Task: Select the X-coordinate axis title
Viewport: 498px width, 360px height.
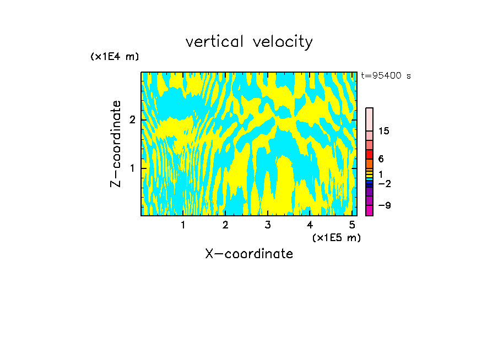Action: [x=249, y=254]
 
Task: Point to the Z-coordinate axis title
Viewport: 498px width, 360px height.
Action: [x=116, y=144]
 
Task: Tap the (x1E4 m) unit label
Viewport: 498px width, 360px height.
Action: [x=115, y=57]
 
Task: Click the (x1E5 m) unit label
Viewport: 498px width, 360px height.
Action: [x=336, y=237]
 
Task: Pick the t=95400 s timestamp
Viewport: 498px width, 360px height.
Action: [x=386, y=76]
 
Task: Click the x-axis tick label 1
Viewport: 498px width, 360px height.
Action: [x=183, y=225]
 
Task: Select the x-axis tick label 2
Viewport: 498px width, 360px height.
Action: [x=225, y=225]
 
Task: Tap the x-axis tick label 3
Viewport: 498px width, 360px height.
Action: [x=268, y=225]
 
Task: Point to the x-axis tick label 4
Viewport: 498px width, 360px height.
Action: [x=310, y=225]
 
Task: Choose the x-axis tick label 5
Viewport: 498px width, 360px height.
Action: [x=352, y=225]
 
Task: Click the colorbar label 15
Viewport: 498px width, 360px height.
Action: [x=384, y=131]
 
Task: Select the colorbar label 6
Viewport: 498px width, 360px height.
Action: [x=381, y=159]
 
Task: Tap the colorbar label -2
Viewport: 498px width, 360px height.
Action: [x=384, y=183]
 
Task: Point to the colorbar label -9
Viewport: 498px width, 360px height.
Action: [x=384, y=205]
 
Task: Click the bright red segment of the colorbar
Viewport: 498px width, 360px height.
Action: [x=369, y=154]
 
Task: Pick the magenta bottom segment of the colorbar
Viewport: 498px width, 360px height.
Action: [x=369, y=210]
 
